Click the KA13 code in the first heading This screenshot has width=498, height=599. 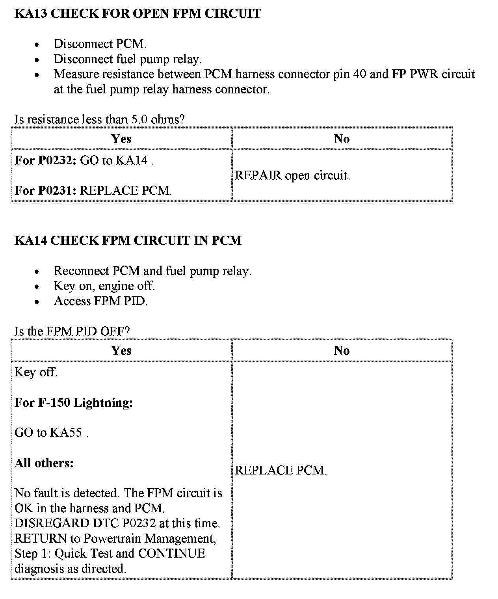tap(31, 14)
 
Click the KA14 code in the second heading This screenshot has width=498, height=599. tap(31, 240)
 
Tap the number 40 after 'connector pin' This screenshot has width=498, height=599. tap(360, 74)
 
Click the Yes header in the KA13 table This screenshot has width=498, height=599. tap(121, 139)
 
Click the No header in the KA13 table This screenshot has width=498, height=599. tap(342, 139)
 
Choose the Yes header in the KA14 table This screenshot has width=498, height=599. tap(121, 351)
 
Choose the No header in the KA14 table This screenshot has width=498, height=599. tap(342, 351)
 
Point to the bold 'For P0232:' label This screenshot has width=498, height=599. tap(45, 160)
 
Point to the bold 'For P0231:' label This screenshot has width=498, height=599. tap(45, 191)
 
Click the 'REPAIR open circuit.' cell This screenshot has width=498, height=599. tap(292, 176)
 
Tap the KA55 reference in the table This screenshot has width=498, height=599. tap(65, 433)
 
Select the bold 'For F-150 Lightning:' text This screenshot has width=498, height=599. tap(74, 403)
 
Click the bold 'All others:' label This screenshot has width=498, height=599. tap(44, 463)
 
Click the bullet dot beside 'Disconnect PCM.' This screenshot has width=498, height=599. tap(37, 44)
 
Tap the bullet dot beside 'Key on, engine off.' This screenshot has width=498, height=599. tap(37, 286)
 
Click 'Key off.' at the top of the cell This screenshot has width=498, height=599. tap(36, 372)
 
